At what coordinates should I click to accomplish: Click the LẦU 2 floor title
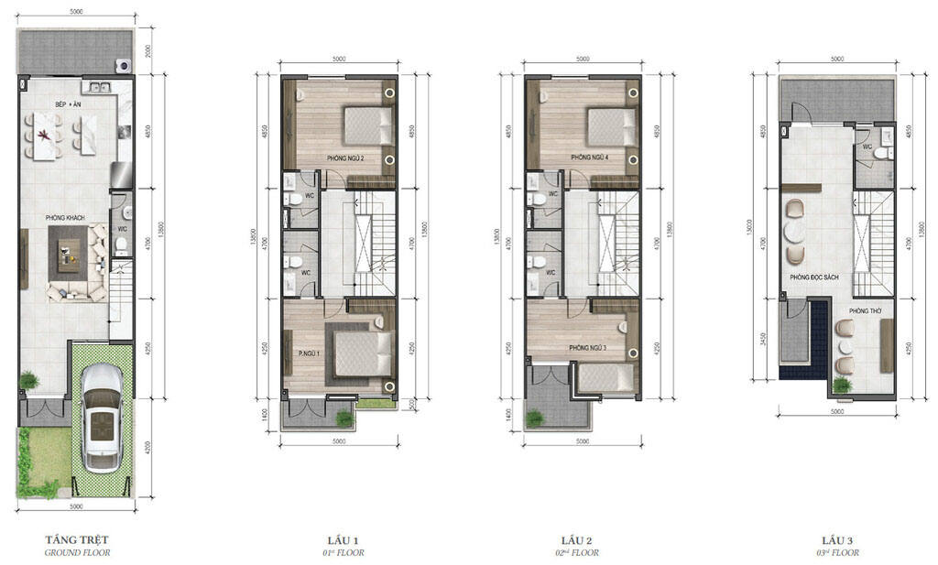click(x=580, y=539)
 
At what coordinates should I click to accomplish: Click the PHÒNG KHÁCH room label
click(x=66, y=218)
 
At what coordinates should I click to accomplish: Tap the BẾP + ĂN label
click(x=66, y=104)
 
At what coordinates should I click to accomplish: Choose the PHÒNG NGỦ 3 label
click(x=589, y=349)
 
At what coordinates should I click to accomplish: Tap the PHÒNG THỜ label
click(x=864, y=311)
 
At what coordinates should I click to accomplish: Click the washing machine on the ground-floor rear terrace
click(x=122, y=65)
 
